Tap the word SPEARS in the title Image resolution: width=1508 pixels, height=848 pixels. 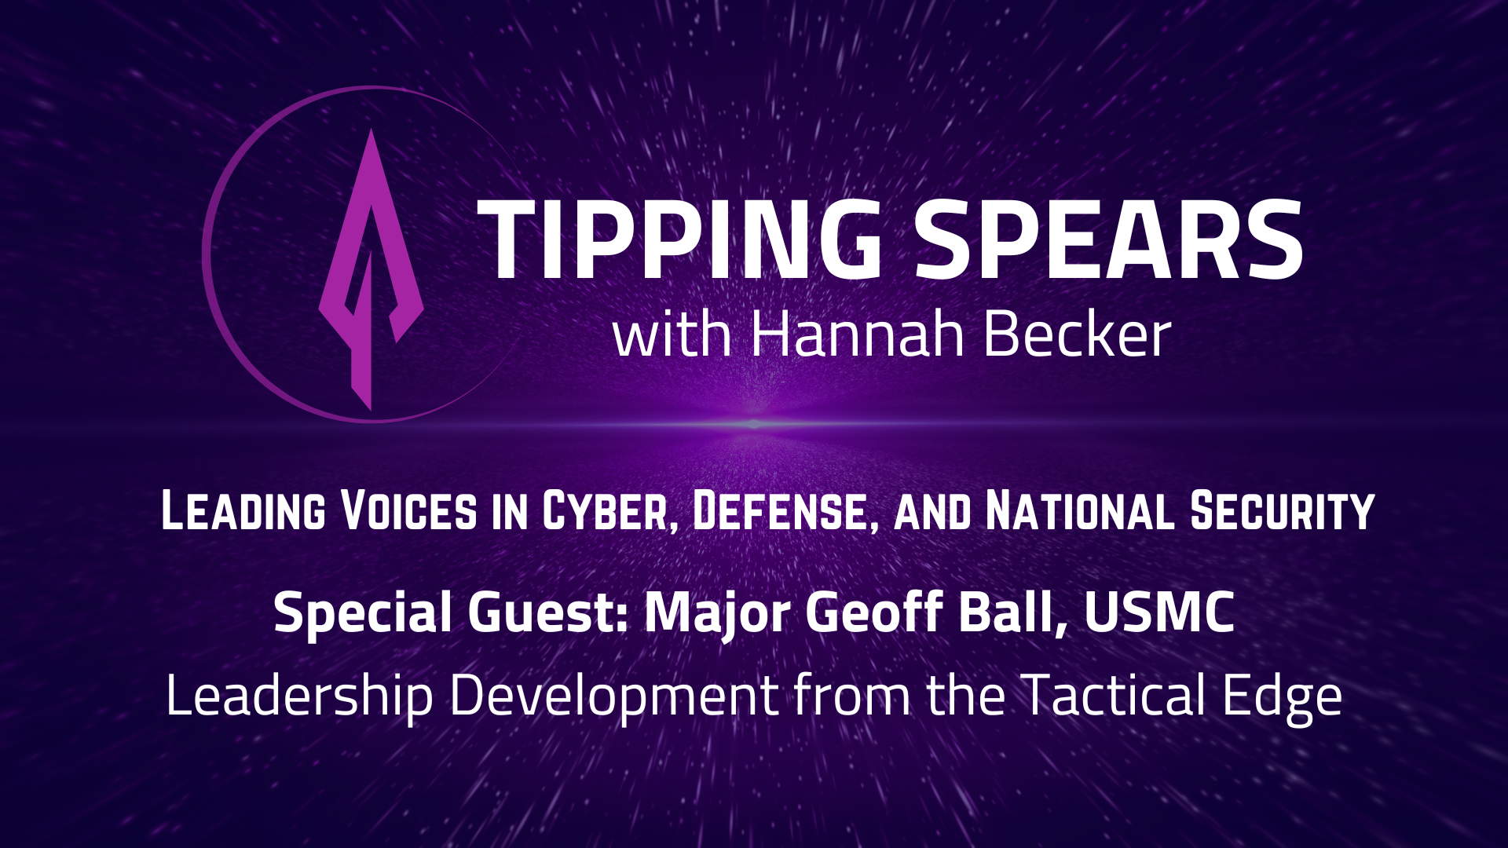(x=1107, y=239)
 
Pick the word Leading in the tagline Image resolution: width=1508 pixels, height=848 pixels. (x=243, y=511)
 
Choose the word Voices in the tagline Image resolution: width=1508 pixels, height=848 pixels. (x=408, y=511)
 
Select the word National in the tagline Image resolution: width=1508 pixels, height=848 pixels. (x=1080, y=511)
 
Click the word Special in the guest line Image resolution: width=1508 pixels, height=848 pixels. (x=362, y=613)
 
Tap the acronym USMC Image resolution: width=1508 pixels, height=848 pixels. (x=1159, y=612)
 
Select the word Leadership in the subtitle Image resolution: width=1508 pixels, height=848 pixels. (x=299, y=696)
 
